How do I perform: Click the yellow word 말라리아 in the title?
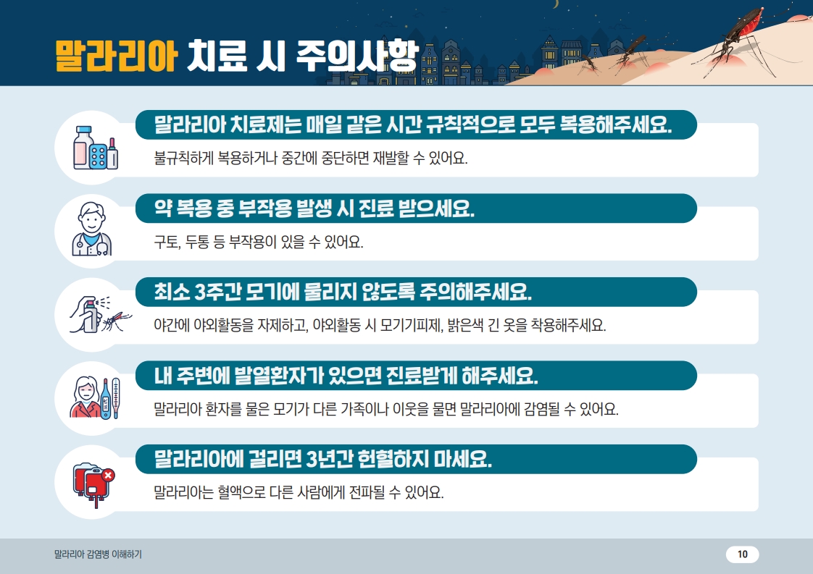click(x=116, y=56)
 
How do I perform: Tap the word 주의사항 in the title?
click(x=357, y=56)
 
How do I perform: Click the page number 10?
click(x=743, y=554)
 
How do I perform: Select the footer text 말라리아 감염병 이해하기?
click(x=98, y=554)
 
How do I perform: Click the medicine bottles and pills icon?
click(x=96, y=148)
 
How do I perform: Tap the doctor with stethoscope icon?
click(x=92, y=229)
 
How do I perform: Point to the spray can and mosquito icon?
click(x=100, y=314)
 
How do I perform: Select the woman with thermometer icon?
click(x=95, y=398)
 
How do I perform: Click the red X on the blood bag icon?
click(x=108, y=475)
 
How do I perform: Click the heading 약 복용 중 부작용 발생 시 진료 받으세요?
click(x=314, y=208)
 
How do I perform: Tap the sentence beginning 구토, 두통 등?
click(x=259, y=242)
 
